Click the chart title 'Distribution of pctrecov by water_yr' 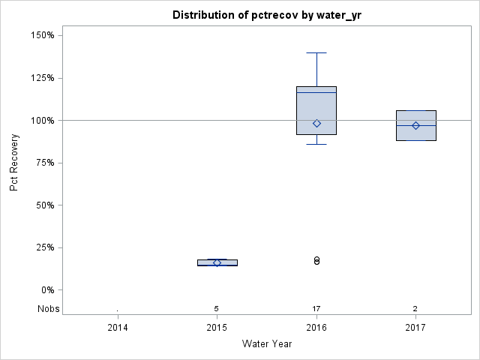pyautogui.click(x=267, y=15)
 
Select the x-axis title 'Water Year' pyautogui.click(x=267, y=343)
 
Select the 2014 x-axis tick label pyautogui.click(x=118, y=327)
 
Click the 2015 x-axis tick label pyautogui.click(x=217, y=327)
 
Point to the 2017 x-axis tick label pyautogui.click(x=415, y=327)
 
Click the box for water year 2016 pyautogui.click(x=316, y=105)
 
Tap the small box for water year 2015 pyautogui.click(x=217, y=262)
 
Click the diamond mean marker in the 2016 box pyautogui.click(x=316, y=123)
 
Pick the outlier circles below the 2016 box pyautogui.click(x=316, y=260)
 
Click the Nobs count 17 pyautogui.click(x=316, y=309)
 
